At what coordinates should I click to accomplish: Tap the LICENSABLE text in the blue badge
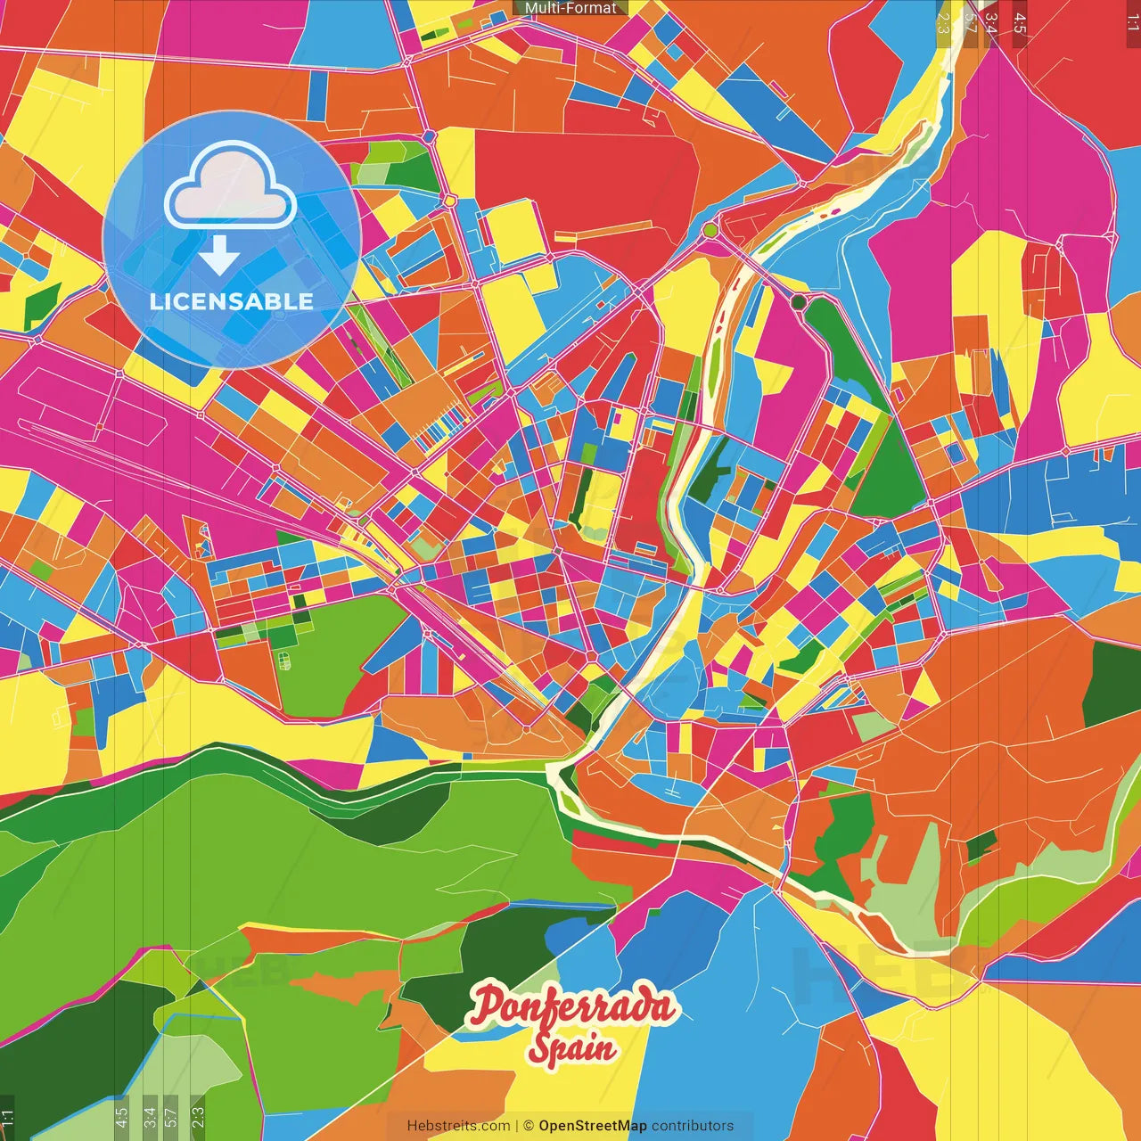click(231, 301)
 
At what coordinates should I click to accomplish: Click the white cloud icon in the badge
click(231, 188)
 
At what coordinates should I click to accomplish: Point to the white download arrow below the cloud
click(219, 256)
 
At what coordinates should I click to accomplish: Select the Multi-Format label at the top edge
click(570, 8)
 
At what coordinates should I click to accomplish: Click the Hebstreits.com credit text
click(458, 1126)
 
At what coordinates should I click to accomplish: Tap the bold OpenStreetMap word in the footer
click(593, 1126)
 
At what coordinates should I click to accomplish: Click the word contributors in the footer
click(693, 1126)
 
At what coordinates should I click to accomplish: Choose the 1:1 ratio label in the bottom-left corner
click(8, 1118)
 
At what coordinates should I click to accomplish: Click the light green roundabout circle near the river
click(710, 231)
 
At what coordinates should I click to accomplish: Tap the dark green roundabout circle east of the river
click(799, 303)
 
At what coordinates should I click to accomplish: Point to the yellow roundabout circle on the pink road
click(451, 201)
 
